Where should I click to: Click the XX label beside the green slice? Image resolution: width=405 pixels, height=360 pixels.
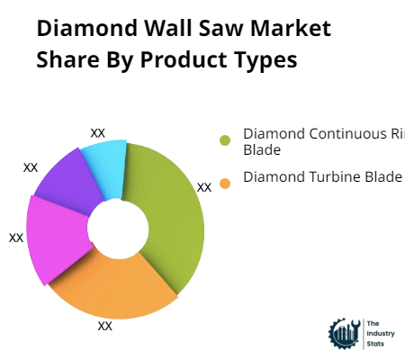pyautogui.click(x=204, y=187)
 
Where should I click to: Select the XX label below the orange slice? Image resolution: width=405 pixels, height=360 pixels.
pyautogui.click(x=105, y=326)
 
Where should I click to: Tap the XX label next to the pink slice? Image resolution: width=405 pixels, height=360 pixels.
pyautogui.click(x=16, y=238)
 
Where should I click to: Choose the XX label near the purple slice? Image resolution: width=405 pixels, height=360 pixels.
pyautogui.click(x=31, y=167)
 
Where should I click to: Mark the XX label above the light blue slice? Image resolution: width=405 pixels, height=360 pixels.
pyautogui.click(x=98, y=132)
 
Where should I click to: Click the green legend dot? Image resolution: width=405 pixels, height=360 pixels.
pyautogui.click(x=225, y=140)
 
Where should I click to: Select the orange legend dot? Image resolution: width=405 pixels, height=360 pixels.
pyautogui.click(x=225, y=183)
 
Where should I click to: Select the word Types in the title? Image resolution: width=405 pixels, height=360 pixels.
pyautogui.click(x=265, y=60)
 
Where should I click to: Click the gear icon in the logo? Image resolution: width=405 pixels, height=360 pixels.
pyautogui.click(x=343, y=334)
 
